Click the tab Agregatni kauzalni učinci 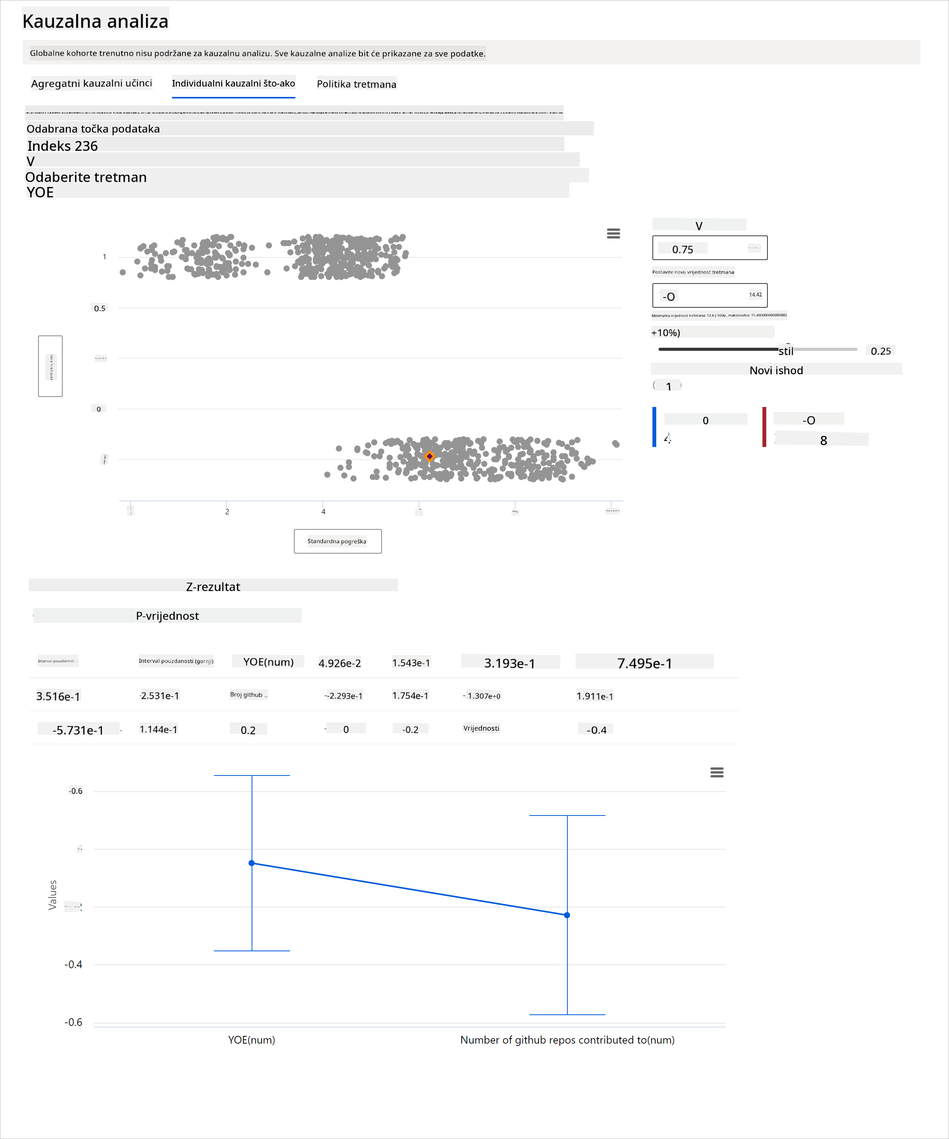tap(91, 83)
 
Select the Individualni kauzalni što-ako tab tap(233, 83)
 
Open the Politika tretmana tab tap(356, 84)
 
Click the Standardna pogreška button tap(337, 541)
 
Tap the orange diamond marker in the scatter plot tap(429, 456)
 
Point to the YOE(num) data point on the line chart tap(252, 862)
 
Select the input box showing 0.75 tap(709, 248)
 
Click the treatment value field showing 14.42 tap(709, 295)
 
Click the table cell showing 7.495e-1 tap(644, 663)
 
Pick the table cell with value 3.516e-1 tap(58, 696)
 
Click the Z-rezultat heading tap(213, 586)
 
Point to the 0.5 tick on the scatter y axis tap(100, 308)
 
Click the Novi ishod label tap(776, 370)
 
